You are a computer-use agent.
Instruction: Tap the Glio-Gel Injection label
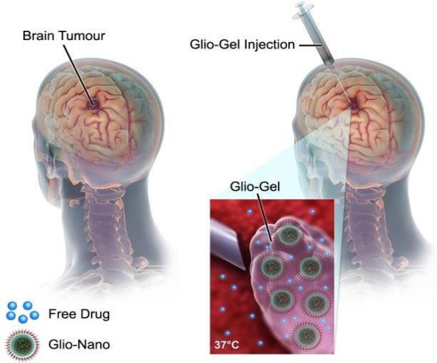point(242,44)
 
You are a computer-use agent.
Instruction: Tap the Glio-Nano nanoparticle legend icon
point(21,344)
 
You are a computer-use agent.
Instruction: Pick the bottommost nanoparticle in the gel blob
point(307,334)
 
